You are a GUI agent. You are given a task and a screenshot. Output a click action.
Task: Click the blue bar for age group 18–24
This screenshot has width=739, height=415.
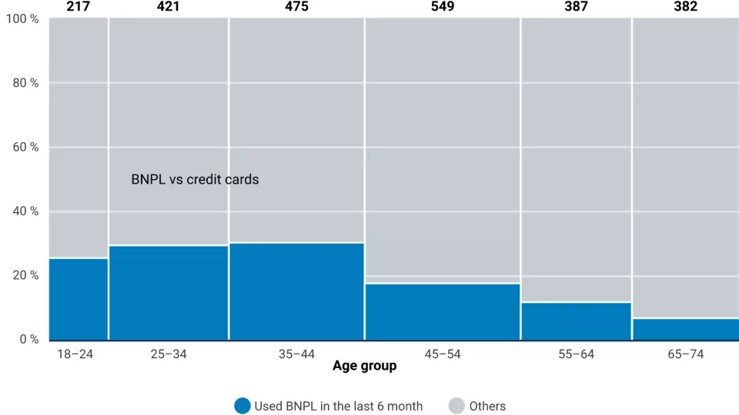click(x=79, y=299)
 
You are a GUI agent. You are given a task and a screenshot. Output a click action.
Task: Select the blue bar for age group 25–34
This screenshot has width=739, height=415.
click(x=169, y=293)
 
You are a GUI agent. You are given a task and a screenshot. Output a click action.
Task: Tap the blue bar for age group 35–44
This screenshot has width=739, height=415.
click(x=296, y=291)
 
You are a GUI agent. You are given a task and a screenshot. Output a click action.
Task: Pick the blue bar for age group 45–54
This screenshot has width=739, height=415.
click(x=443, y=312)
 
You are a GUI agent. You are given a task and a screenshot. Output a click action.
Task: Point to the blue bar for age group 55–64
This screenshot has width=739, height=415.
click(x=576, y=321)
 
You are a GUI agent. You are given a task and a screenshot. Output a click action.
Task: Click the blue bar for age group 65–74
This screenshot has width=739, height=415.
click(x=685, y=329)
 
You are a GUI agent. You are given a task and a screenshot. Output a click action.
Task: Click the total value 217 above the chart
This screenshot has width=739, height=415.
click(x=79, y=7)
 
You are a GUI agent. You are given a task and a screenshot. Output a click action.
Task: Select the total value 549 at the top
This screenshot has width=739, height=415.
click(x=443, y=7)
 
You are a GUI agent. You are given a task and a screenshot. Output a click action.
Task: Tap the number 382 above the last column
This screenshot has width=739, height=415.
click(x=685, y=7)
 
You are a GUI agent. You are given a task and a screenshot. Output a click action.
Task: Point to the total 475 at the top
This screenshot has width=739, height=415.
click(x=296, y=7)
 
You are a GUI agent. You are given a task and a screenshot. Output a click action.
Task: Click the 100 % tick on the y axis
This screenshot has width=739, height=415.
click(x=22, y=18)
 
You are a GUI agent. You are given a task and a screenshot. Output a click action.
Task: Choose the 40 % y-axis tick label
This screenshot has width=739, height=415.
click(x=25, y=211)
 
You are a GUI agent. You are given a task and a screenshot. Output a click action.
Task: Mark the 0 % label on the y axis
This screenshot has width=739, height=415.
click(x=28, y=340)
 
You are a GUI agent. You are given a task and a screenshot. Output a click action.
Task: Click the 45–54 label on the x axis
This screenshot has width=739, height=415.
click(x=443, y=354)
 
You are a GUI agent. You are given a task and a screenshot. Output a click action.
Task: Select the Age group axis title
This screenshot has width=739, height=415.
click(x=365, y=367)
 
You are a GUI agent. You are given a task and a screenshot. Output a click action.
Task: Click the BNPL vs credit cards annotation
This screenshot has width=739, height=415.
click(x=195, y=180)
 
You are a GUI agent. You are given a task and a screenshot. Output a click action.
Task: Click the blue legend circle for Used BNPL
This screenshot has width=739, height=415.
click(x=242, y=406)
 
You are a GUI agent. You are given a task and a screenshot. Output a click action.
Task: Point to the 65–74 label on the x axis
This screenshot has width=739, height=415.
click(x=685, y=354)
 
